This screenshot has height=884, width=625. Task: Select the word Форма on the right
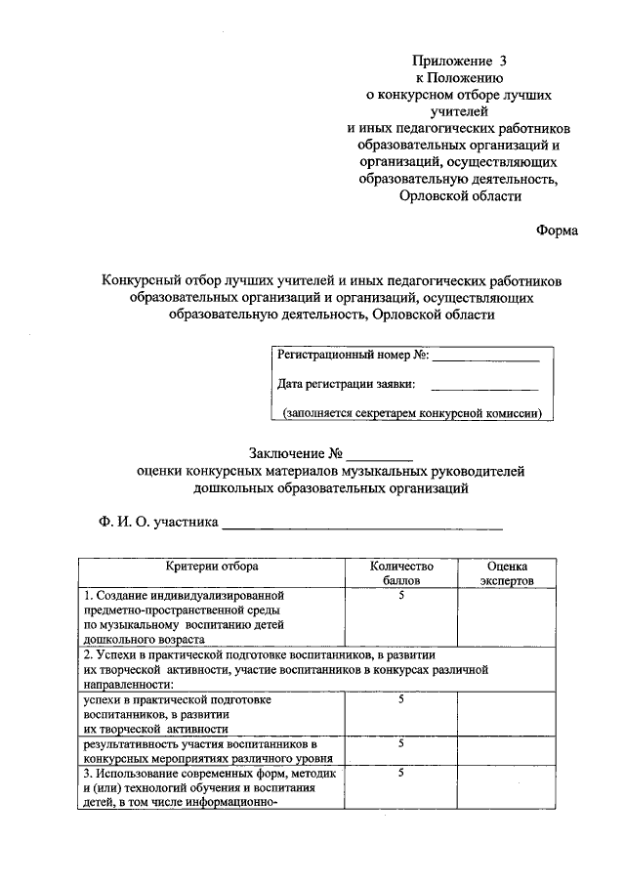[x=557, y=231]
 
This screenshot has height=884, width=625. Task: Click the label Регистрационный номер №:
[x=354, y=356]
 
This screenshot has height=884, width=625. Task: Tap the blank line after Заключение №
[x=380, y=458]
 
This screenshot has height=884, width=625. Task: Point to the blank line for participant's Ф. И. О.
[x=362, y=527]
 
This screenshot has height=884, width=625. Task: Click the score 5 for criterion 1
[x=401, y=594]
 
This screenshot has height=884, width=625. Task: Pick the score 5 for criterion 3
[x=401, y=774]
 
